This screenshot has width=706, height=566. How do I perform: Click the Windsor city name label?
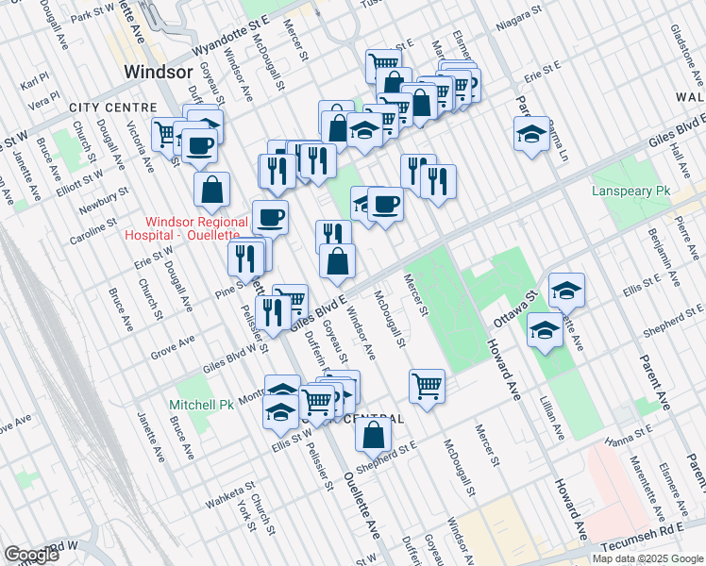(x=159, y=73)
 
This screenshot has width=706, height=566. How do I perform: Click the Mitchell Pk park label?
(x=200, y=405)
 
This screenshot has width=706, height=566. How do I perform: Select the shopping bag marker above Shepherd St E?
(x=375, y=435)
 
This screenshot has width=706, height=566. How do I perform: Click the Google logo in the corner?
(x=30, y=555)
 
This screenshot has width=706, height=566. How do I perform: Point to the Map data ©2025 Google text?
(x=647, y=558)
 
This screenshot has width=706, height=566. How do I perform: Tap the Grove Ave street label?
(x=172, y=348)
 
